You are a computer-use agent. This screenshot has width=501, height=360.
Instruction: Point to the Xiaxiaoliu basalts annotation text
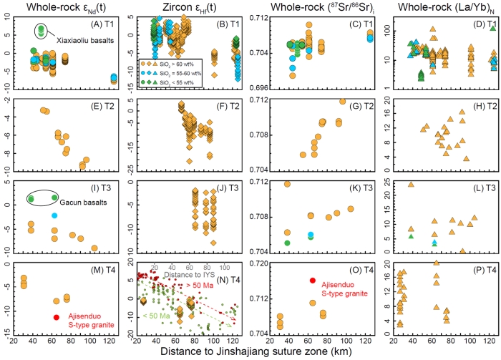coord(79,28)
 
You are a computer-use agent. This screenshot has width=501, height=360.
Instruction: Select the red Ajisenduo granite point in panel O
coord(312,280)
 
